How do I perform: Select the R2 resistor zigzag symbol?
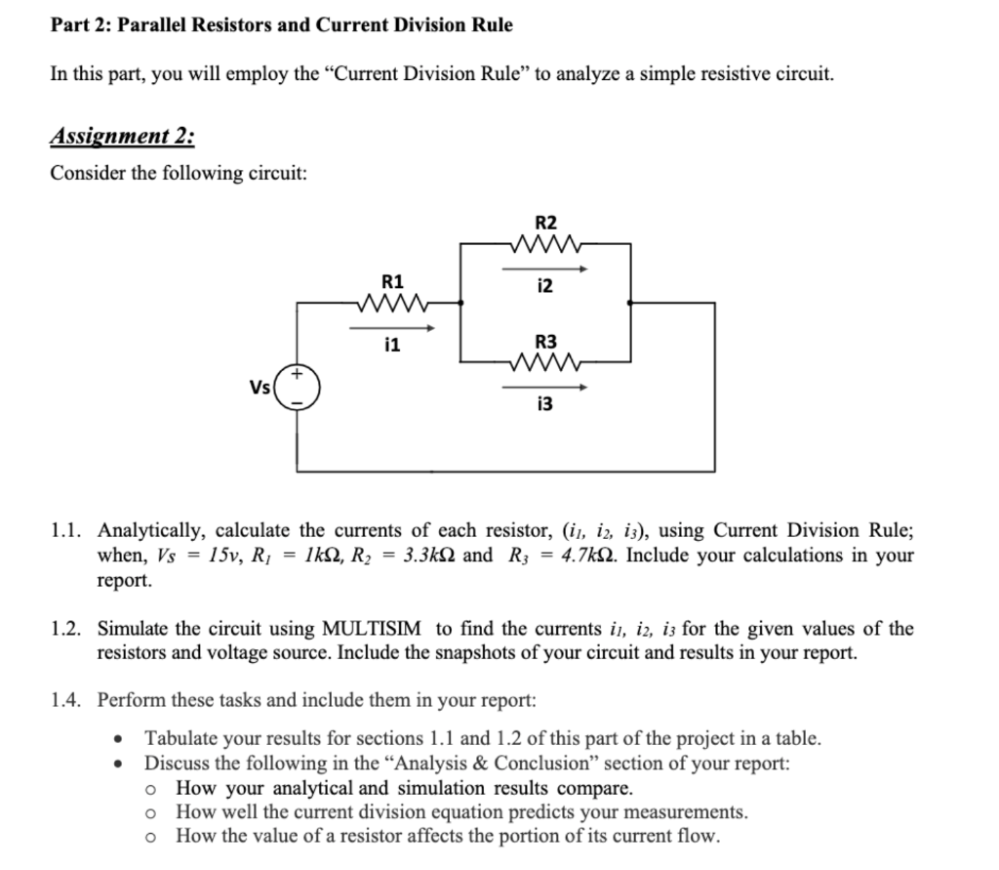tap(545, 243)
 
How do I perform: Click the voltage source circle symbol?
tap(297, 387)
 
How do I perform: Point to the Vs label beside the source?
tap(260, 387)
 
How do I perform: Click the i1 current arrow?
tap(391, 328)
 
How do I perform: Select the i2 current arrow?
tap(545, 268)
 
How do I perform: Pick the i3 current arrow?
tap(545, 388)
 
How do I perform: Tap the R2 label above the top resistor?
tap(545, 222)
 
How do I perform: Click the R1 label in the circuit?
tap(391, 281)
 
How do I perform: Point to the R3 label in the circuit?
tap(545, 342)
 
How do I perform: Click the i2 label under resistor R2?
tap(545, 285)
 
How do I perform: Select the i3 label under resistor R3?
tap(545, 404)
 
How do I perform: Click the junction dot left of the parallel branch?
tap(461, 303)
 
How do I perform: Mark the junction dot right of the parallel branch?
tap(631, 303)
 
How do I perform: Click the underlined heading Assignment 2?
tap(122, 135)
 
